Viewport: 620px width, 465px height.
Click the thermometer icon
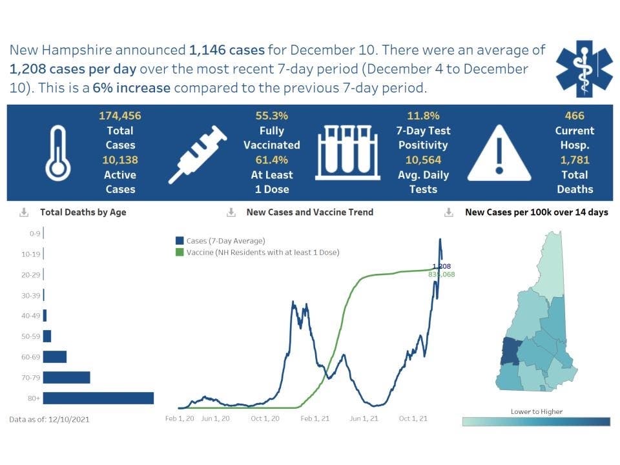click(x=57, y=152)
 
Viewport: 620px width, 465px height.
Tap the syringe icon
click(x=198, y=154)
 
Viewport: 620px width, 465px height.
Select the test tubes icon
click(x=348, y=152)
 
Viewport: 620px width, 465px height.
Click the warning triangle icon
click(x=499, y=152)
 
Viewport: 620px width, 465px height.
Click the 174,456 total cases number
click(x=120, y=116)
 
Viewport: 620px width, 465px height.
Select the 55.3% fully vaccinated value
click(x=271, y=116)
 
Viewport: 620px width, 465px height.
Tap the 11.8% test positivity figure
click(x=423, y=116)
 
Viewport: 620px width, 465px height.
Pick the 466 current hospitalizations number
click(x=574, y=116)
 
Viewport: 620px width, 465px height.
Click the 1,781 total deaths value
click(x=574, y=160)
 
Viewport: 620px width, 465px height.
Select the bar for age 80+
click(x=98, y=398)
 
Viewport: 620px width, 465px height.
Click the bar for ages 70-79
click(x=67, y=377)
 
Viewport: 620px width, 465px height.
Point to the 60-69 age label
click(x=30, y=357)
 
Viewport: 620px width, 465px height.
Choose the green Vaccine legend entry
click(x=258, y=252)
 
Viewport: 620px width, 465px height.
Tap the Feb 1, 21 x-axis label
click(x=315, y=418)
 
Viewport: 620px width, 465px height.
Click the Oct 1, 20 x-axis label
click(x=265, y=418)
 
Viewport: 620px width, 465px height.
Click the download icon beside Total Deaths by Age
click(x=25, y=212)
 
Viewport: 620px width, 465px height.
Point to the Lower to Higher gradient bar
click(x=536, y=422)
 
